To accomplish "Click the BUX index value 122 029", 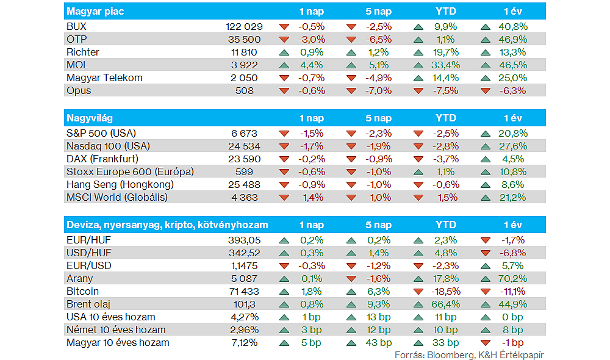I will tap(244, 27).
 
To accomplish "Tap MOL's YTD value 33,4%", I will tap(445, 65).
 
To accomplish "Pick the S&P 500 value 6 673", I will tap(245, 133).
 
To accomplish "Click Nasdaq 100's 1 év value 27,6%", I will tap(512, 146).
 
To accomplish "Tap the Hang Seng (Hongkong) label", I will tap(120, 184).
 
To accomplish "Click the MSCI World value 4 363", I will tap(245, 197).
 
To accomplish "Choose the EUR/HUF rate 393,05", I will tap(243, 240).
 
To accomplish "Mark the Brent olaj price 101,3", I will tap(246, 304).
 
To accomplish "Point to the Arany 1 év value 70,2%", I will tap(512, 278).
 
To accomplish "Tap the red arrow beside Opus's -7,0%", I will tap(351, 91).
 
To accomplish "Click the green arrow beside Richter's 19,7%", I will tap(418, 52).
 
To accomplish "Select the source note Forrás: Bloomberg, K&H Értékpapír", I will tap(469, 355).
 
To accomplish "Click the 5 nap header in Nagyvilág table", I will tap(378, 118).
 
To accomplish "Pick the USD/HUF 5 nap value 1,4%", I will tap(378, 253).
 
